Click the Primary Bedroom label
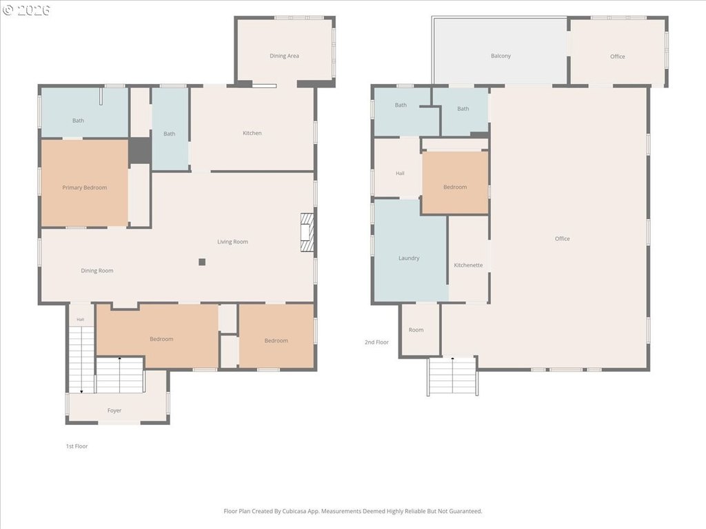(85, 187)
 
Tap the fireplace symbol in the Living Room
(307, 233)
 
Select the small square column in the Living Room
(202, 262)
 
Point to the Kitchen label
(252, 133)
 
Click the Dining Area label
(284, 56)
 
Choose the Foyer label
(114, 411)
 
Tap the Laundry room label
(409, 258)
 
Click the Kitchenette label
(468, 265)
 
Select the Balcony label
(501, 56)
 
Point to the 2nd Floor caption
(376, 342)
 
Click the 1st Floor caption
(77, 446)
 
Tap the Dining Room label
(97, 271)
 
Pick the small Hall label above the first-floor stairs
(80, 320)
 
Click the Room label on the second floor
(416, 330)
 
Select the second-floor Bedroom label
(455, 187)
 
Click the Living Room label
(233, 242)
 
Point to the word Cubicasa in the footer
(294, 511)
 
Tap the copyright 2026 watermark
(26, 10)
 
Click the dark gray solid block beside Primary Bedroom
(139, 151)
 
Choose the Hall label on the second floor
(400, 173)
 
